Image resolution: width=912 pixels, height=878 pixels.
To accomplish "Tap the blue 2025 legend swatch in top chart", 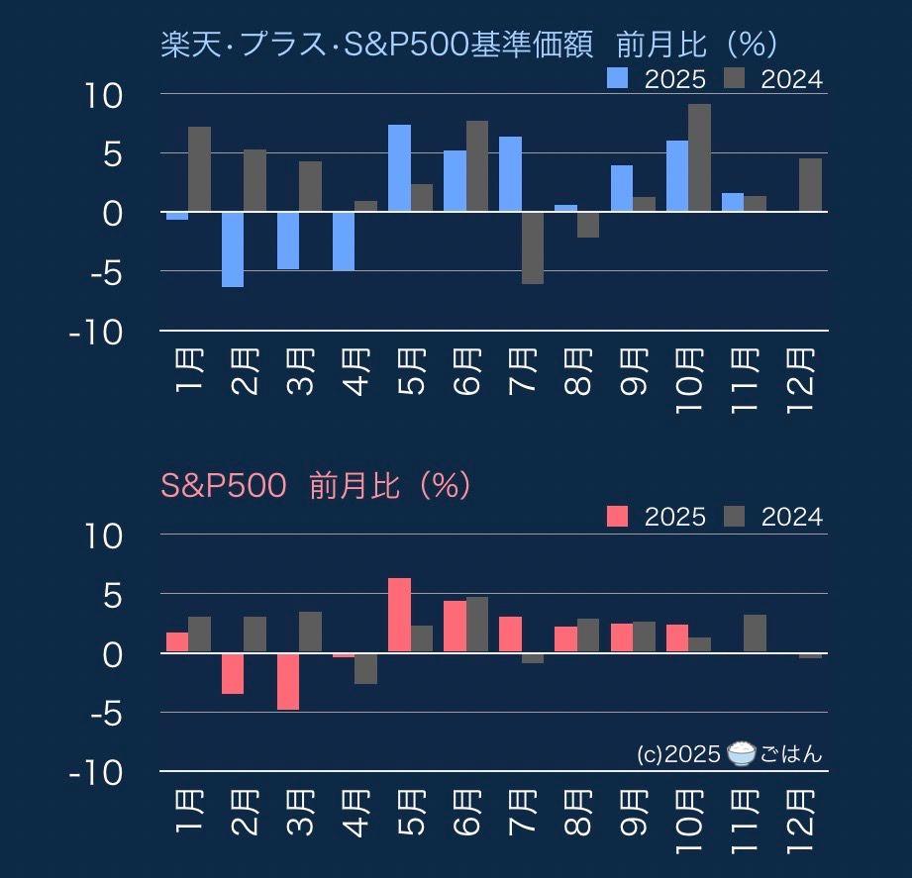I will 618,79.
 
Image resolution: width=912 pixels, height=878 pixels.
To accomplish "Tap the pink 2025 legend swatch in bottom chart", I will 618,516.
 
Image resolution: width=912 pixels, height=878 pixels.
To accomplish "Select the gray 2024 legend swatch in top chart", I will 736,79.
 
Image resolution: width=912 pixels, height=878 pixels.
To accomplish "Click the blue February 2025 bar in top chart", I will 233,248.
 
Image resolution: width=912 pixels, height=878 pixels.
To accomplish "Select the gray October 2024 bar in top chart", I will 699,157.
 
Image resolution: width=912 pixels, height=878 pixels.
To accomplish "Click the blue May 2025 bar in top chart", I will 399,168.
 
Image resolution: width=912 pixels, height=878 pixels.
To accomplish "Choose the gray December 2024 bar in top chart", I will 810,185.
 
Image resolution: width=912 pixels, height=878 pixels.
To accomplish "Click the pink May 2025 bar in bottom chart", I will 399,615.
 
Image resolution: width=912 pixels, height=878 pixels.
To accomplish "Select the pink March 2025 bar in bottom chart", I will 288,681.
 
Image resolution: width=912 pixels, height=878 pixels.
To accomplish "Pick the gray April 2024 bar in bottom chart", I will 365,668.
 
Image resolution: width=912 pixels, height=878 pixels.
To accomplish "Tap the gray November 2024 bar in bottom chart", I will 755,634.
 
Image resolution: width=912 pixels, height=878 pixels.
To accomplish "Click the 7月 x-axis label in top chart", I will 522,370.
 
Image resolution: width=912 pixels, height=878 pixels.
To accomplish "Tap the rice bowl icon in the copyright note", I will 741,754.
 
